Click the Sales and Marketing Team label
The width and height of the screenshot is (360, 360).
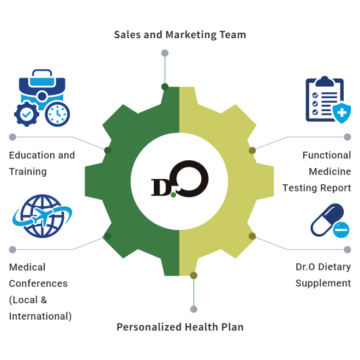click(180, 35)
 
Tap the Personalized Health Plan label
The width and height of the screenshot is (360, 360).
click(180, 327)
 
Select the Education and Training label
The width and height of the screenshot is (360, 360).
click(42, 163)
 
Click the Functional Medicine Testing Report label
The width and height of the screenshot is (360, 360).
click(317, 171)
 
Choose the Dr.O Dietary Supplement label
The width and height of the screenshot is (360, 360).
click(323, 275)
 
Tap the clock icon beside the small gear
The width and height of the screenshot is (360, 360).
click(57, 113)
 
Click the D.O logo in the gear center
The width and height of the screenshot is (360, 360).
click(180, 179)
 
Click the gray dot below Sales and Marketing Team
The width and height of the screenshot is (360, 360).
click(165, 53)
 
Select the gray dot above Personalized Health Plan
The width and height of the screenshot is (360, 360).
click(194, 309)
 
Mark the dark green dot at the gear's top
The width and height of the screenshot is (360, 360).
click(165, 86)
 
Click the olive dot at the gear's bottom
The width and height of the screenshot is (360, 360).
click(194, 275)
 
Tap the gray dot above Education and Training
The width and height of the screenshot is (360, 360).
click(13, 137)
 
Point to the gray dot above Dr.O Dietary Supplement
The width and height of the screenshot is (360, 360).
click(347, 249)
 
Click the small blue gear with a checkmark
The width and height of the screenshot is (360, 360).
click(27, 115)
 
